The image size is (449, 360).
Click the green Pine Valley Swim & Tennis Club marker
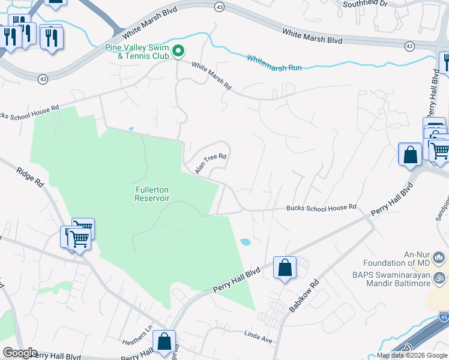[178, 52]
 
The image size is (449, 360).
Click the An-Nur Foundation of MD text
[396, 259]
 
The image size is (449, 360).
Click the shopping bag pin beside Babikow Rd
[285, 267]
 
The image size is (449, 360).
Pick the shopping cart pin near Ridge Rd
[79, 239]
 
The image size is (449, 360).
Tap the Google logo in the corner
[20, 353]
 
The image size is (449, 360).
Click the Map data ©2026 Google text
[412, 355]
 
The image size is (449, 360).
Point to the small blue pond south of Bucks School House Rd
[245, 242]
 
